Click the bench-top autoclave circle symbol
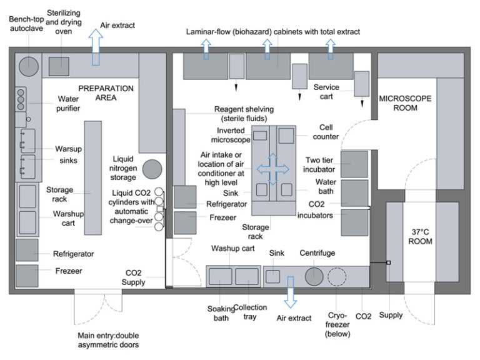coord(27,64)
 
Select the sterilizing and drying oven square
coord(59,64)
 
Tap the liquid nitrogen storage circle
coord(151,169)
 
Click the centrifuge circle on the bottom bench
coord(314,276)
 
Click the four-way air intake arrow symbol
coord(273,169)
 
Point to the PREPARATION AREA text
coord(106,92)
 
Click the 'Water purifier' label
coord(69,104)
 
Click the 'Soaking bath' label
coord(221,312)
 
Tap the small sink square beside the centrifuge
coord(272,276)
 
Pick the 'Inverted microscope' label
coord(230,135)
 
